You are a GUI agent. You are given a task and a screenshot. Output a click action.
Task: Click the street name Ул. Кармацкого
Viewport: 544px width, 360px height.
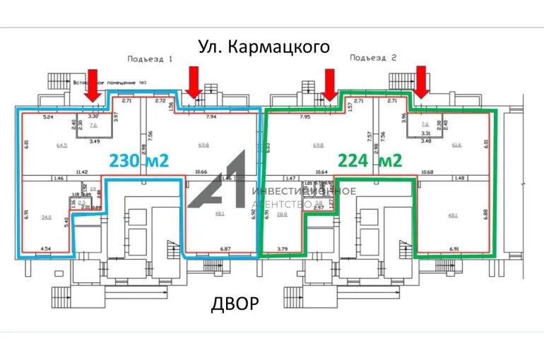264,47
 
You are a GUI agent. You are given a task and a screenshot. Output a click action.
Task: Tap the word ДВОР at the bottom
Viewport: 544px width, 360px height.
235,304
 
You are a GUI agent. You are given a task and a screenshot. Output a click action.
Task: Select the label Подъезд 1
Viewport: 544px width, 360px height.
150,59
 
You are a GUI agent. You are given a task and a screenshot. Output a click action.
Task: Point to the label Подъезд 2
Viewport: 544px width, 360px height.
374,58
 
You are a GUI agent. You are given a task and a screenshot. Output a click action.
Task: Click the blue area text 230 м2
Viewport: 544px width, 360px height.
139,161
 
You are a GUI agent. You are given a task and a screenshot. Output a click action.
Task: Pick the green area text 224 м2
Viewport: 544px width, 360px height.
370,161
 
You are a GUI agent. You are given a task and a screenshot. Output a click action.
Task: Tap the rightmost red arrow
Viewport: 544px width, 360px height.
422,81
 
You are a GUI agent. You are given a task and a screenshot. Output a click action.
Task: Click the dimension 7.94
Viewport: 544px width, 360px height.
211,117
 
